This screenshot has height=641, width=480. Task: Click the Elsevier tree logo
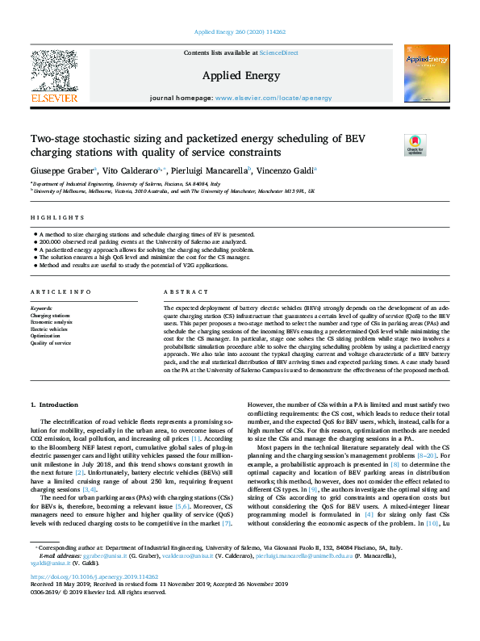click(54, 71)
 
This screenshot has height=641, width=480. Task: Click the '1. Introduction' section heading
click(55, 404)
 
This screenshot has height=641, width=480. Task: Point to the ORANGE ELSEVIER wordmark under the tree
click(54, 98)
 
